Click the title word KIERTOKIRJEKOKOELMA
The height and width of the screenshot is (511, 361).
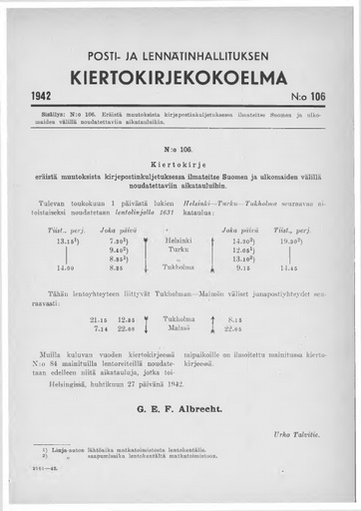(180, 79)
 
